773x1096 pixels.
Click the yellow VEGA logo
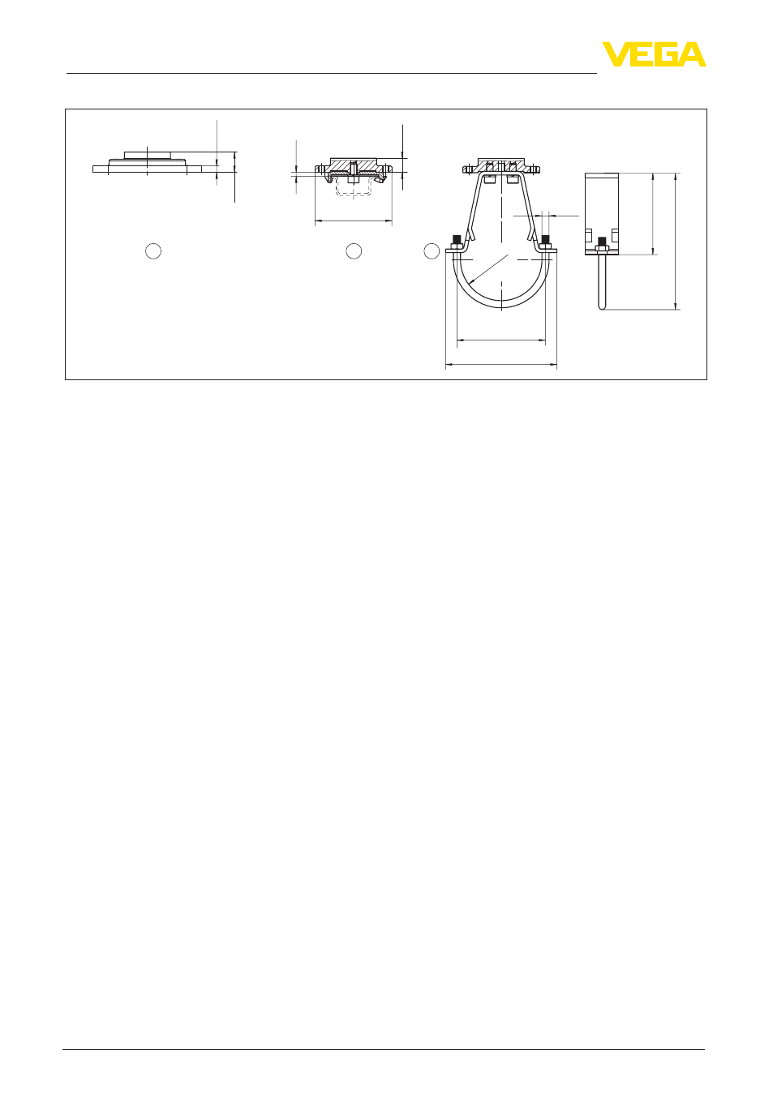[x=654, y=54]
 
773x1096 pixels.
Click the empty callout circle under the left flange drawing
[x=153, y=251]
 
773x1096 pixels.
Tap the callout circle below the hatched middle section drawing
[x=354, y=251]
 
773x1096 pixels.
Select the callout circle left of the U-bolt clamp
[x=432, y=251]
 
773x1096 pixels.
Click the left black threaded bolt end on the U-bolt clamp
[x=457, y=240]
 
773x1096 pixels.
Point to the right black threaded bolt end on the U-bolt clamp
[x=545, y=240]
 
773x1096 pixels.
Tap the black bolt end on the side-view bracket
[x=602, y=242]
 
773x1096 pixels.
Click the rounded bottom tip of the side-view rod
[x=602, y=308]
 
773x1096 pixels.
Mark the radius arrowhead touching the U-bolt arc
[x=471, y=281]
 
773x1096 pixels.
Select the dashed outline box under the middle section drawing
[x=353, y=186]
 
